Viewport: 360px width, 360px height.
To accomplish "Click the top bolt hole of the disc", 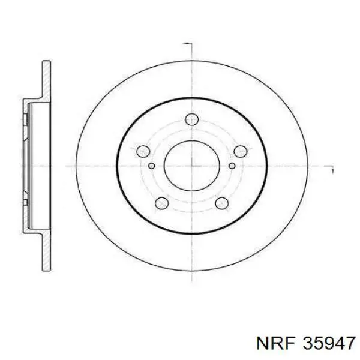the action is [192, 119].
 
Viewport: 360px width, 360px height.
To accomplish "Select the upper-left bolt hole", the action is [143, 151].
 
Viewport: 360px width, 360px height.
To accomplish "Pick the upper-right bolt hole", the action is [240, 152].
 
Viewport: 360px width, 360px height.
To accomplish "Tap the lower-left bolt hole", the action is [161, 203].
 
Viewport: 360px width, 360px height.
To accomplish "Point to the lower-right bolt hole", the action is [222, 203].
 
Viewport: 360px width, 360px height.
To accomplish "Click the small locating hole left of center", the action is [152, 166].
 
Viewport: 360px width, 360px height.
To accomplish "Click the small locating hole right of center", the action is [232, 166].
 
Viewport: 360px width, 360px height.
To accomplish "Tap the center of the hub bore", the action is [192, 166].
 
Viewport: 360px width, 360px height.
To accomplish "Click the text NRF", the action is [275, 344].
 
